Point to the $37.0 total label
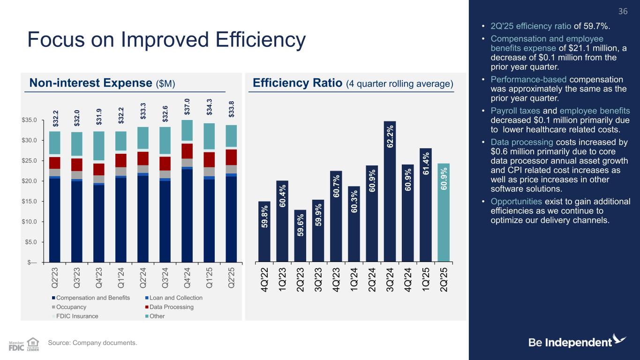point(187,106)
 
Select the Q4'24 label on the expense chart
point(188,276)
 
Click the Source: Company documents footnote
point(93,344)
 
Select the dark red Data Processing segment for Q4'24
point(187,151)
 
